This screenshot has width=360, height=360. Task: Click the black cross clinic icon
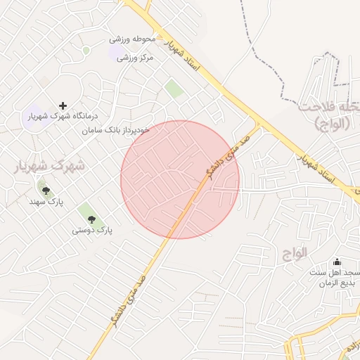coord(63,105)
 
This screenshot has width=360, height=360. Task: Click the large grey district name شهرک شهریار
coord(49,166)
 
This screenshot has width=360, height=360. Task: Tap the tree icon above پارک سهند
coord(46,191)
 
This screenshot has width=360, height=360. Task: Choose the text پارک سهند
coord(46,202)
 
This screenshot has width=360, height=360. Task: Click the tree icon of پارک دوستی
coord(91,219)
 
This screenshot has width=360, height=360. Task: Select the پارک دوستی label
coord(92,230)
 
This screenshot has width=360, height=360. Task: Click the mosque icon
coord(337,262)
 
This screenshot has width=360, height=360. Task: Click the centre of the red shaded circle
coord(180,179)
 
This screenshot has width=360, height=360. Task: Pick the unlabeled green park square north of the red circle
coord(174,89)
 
